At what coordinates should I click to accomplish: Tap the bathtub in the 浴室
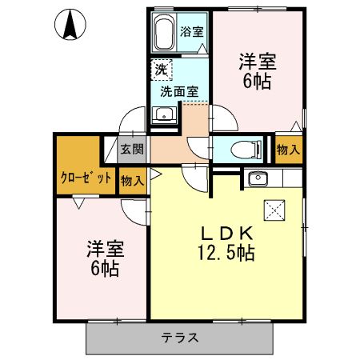click(x=165, y=34)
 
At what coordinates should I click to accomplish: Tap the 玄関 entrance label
click(x=132, y=149)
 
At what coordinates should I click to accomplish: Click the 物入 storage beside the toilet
click(x=290, y=149)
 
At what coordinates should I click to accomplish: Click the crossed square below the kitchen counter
click(x=274, y=210)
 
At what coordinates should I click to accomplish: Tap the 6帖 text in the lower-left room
click(x=103, y=269)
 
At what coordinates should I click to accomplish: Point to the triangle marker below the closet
click(x=77, y=204)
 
